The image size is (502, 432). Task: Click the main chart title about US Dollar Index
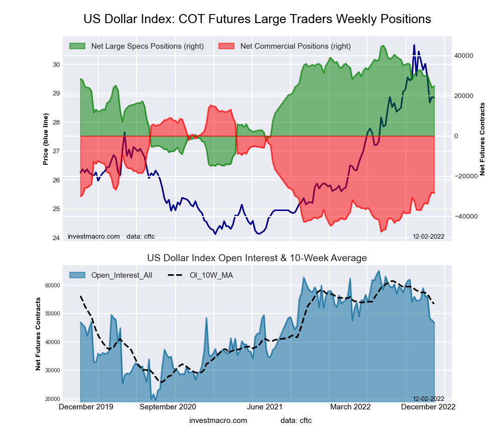[257, 19]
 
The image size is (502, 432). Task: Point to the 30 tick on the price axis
[56, 64]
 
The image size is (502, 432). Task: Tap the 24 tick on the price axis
[56, 238]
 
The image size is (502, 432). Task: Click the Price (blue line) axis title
[46, 139]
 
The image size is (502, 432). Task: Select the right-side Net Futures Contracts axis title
[482, 139]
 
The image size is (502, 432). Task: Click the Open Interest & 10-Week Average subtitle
[257, 258]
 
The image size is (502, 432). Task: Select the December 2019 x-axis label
[86, 407]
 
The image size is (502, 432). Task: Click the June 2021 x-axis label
[266, 407]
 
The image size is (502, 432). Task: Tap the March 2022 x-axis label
[350, 407]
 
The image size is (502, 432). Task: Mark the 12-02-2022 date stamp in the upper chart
[428, 237]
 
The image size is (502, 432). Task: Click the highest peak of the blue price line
[414, 45]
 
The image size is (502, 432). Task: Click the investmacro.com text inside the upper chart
[94, 237]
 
